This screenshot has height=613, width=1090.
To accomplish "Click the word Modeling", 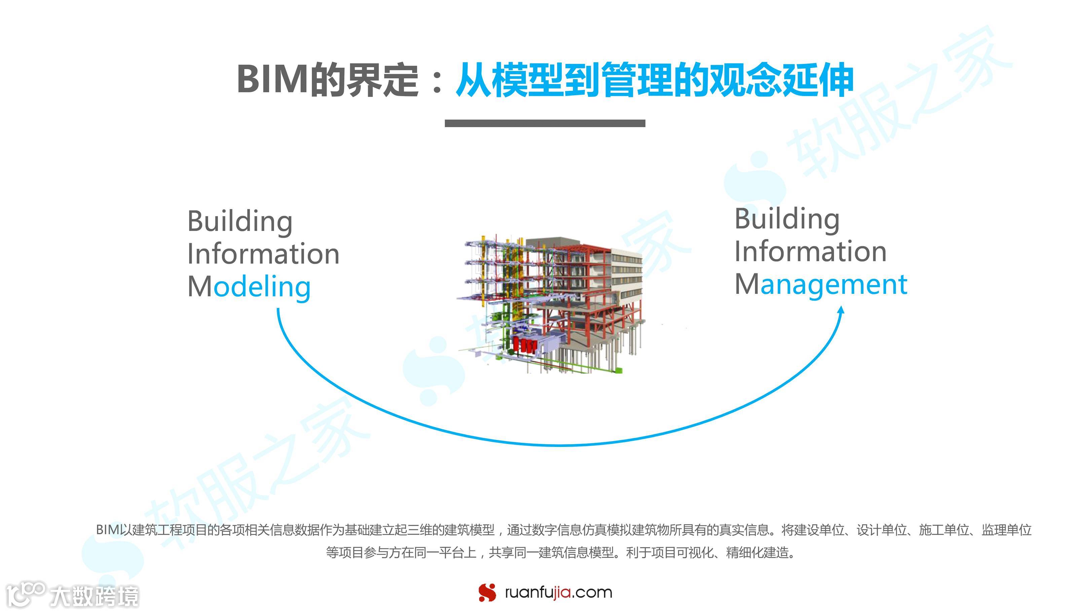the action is pos(249,287).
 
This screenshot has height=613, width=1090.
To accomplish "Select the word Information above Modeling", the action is pos(263,254).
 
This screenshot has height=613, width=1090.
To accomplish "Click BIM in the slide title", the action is pos(272,79).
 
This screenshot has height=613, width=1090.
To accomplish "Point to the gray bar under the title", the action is pos(545,123).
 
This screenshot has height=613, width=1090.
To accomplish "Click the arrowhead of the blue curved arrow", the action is pos(841,310).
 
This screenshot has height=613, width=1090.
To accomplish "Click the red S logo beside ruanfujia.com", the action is pos(487,592).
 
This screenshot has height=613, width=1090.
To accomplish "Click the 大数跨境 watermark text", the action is pos(94,597).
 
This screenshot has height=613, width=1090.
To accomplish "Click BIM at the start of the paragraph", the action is pos(107,530).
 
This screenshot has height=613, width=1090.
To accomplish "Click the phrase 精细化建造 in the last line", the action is pos(760,552).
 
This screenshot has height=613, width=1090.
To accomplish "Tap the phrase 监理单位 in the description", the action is pos(1006,530).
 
